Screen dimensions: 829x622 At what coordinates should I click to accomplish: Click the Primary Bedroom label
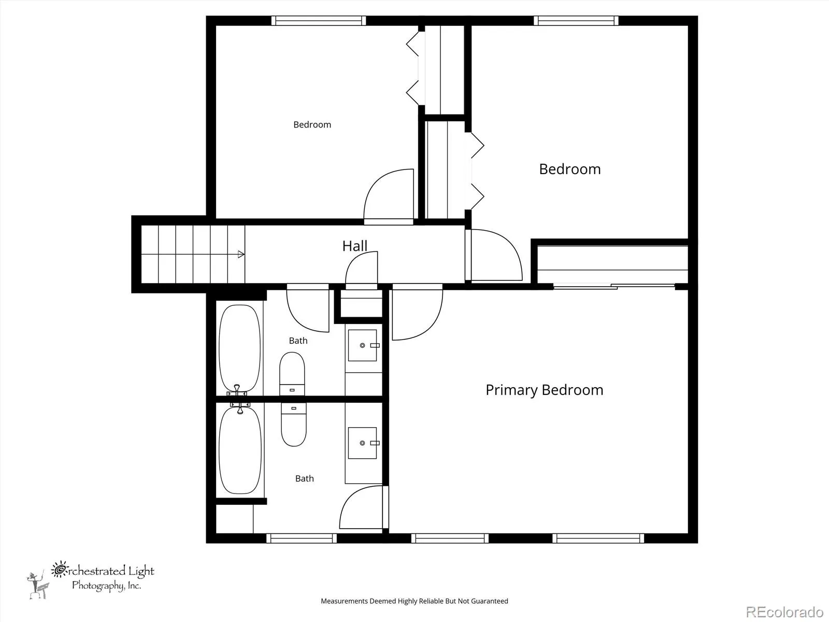pos(544,390)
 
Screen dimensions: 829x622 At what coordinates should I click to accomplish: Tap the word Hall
pos(354,246)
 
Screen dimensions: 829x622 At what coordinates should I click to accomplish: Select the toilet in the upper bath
pos(292,374)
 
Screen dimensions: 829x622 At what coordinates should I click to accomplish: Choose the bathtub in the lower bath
pos(240,449)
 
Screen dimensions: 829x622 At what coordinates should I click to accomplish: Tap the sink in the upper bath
pos(363,345)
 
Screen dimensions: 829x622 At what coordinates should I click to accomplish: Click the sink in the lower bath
pos(363,443)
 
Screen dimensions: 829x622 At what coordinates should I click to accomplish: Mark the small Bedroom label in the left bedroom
pos(312,125)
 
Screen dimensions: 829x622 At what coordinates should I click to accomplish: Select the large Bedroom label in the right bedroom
pos(570,169)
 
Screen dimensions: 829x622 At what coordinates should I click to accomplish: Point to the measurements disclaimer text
pos(414,601)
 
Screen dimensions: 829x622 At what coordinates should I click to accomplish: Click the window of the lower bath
pos(302,538)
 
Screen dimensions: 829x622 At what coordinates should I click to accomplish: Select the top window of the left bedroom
pos(318,20)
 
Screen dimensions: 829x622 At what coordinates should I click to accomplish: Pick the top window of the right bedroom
pos(576,20)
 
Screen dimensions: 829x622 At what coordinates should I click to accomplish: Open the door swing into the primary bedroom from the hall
pos(417,312)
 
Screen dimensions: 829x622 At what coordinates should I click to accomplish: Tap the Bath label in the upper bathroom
pos(298,341)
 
